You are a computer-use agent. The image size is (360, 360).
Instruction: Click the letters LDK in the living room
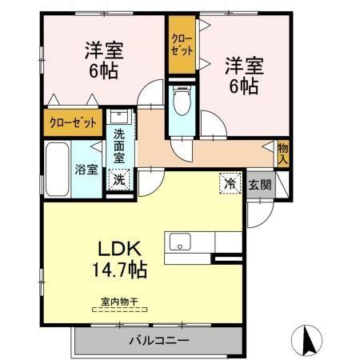pos(121,248)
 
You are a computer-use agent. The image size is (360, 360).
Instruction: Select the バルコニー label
pos(158,341)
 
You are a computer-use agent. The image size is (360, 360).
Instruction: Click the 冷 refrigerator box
pos(229,183)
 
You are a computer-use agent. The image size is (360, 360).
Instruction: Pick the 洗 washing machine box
pos(118,180)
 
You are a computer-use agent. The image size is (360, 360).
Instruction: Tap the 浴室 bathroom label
pos(87,169)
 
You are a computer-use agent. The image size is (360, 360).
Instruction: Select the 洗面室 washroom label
pos(118,147)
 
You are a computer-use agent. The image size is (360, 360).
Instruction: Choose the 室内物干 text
pos(119,302)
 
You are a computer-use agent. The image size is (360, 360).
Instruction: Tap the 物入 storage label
pos(283,152)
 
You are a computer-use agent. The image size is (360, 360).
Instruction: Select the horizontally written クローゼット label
pos(72,123)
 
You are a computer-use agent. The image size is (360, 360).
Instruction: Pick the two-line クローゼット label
pos(181,45)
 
